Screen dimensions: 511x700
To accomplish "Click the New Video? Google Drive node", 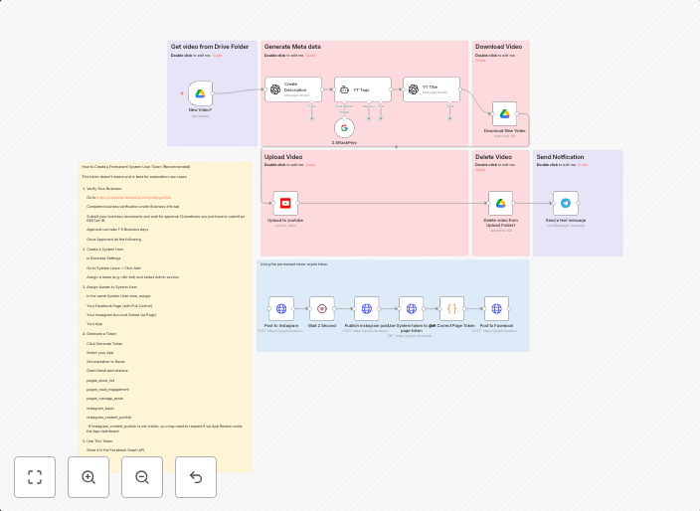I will pos(200,93).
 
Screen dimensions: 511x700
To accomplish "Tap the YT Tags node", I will pos(355,88).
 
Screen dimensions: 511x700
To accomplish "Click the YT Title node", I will pos(431,88).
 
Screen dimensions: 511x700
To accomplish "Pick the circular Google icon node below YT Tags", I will pos(345,127).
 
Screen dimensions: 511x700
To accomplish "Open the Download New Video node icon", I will pos(504,114).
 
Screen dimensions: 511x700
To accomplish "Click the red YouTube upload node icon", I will pos(285,203).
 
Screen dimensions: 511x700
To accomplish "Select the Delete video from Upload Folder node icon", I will pos(500,203).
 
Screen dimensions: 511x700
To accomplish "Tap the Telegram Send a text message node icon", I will pos(566,203).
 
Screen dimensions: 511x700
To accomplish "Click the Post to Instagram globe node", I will pos(281,308).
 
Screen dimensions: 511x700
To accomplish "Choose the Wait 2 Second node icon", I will pos(322,308).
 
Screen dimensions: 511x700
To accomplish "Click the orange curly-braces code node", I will pos(451,308).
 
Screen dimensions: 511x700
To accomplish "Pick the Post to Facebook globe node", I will pos(496,308).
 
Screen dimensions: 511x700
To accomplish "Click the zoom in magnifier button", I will pos(88,477).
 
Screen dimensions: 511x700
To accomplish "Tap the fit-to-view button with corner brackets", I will pos(35,477).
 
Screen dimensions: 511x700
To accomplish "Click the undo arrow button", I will pos(196,477).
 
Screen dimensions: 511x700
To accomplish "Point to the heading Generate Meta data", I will pos(291,47).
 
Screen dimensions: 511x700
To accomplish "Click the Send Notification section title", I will pos(560,157).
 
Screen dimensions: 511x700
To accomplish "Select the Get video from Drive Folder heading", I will pos(209,47).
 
